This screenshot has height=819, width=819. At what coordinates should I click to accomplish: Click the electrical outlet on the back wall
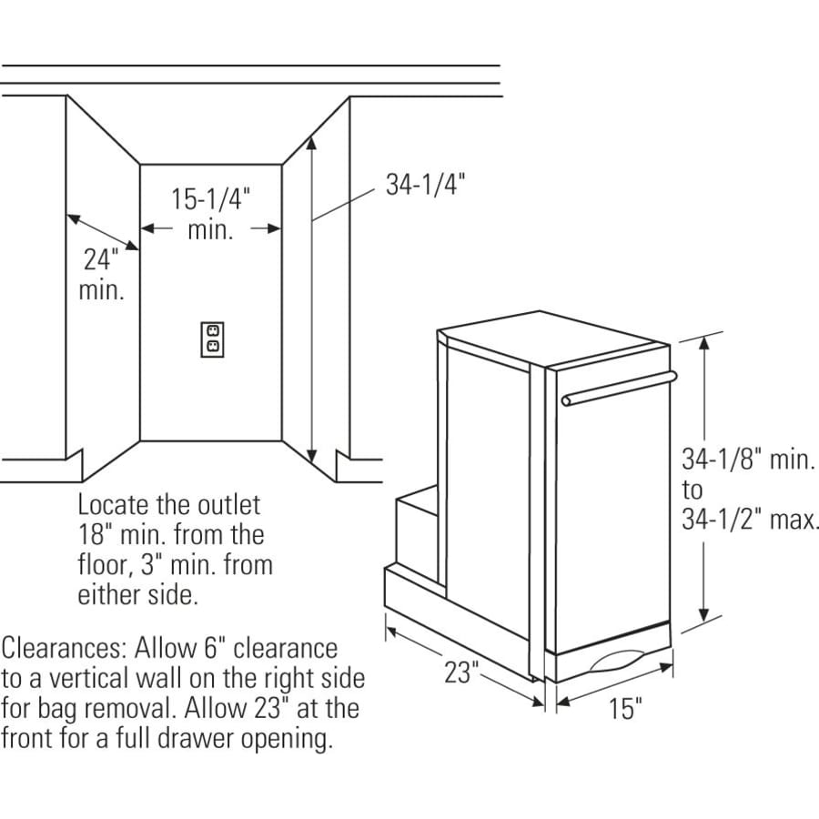point(212,339)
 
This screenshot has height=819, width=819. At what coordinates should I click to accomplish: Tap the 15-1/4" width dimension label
point(210,199)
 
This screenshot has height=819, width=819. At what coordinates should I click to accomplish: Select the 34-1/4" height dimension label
point(425,185)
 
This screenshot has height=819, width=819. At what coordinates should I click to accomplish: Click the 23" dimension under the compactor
point(461,672)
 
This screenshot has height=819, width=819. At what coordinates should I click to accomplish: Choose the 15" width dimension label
point(625,708)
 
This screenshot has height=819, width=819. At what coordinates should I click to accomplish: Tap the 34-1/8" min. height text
point(748,460)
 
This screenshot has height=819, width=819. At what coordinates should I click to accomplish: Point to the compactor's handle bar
point(619,388)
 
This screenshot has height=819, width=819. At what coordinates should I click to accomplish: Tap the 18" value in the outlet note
point(93,535)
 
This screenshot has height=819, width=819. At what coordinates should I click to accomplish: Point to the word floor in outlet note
point(106,566)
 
